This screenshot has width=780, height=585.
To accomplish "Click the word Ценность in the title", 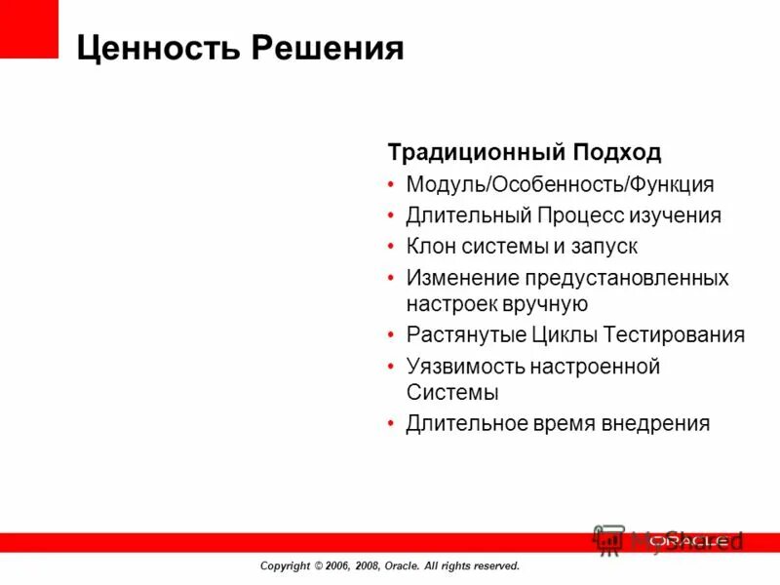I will (156, 48).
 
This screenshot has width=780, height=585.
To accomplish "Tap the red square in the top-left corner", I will (29, 28).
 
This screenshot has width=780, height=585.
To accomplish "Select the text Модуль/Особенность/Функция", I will (560, 184).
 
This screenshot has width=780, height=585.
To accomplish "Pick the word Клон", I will (430, 247).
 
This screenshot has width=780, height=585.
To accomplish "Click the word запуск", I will (604, 247).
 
